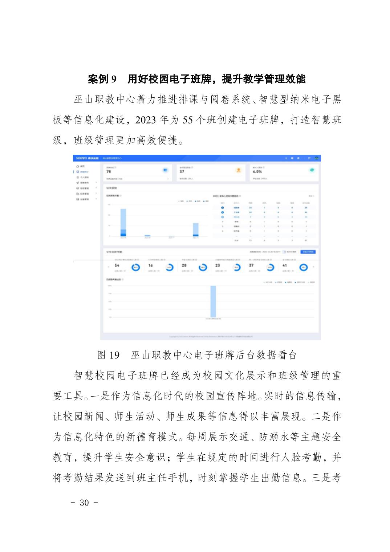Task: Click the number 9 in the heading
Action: point(113,79)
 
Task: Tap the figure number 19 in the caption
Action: point(114,355)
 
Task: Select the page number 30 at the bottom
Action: point(84,503)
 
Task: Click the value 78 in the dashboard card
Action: point(109,172)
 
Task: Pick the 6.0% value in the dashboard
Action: point(257,172)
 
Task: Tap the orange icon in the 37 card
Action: point(239,170)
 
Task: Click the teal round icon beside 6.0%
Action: point(312,170)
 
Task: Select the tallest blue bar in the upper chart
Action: point(123,222)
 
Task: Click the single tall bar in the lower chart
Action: point(213,301)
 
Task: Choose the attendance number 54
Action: point(117,265)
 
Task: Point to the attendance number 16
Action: point(151,265)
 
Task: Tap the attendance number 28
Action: point(184,265)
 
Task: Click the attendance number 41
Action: point(285,265)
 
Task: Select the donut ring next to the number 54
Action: point(135,268)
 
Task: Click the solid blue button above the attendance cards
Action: point(308,252)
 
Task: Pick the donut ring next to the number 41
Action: point(304,268)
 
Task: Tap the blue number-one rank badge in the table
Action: point(223,208)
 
